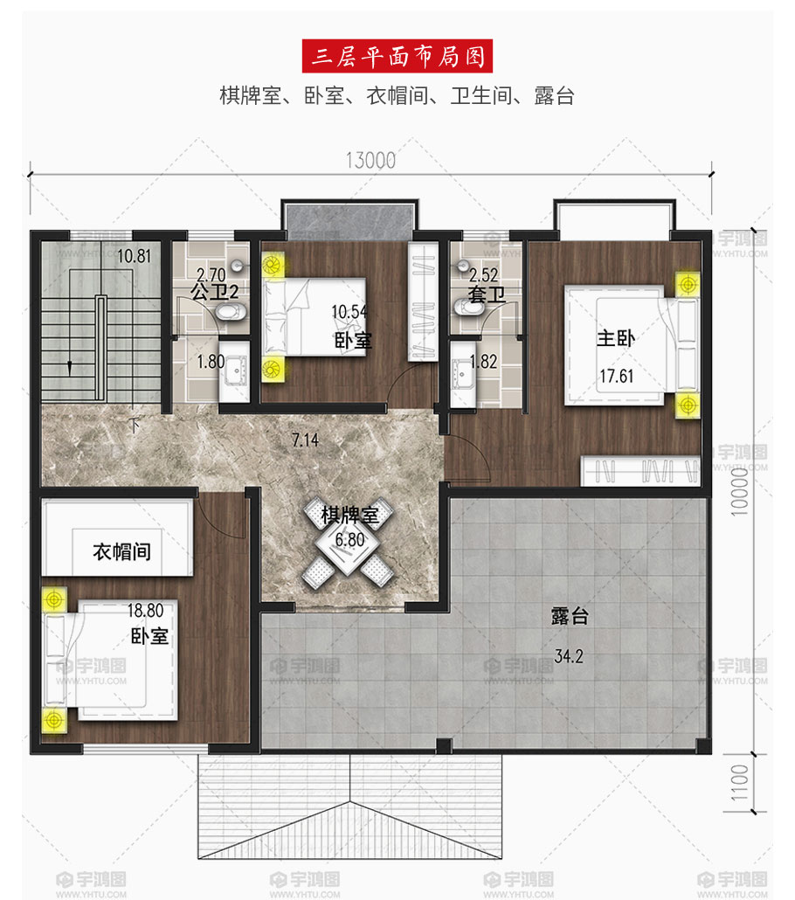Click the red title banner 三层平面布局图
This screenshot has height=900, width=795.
coord(397,56)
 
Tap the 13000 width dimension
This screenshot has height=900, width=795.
coord(370,161)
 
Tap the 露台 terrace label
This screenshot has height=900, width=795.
coord(570,616)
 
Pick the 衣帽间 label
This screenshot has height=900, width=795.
coord(121,551)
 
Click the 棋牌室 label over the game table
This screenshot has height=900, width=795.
coord(349,515)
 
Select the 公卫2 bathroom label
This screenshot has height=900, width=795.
coord(214,292)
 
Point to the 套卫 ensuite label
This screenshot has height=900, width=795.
coord(487,295)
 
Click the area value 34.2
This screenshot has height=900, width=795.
coord(569,656)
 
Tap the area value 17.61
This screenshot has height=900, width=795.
coord(617,377)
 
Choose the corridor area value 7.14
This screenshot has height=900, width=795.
coord(305,440)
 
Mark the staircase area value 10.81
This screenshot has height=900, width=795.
coord(135,256)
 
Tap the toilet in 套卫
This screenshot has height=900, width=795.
coord(468,307)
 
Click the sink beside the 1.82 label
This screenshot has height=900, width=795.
coord(463,374)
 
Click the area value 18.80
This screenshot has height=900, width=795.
coord(145,610)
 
